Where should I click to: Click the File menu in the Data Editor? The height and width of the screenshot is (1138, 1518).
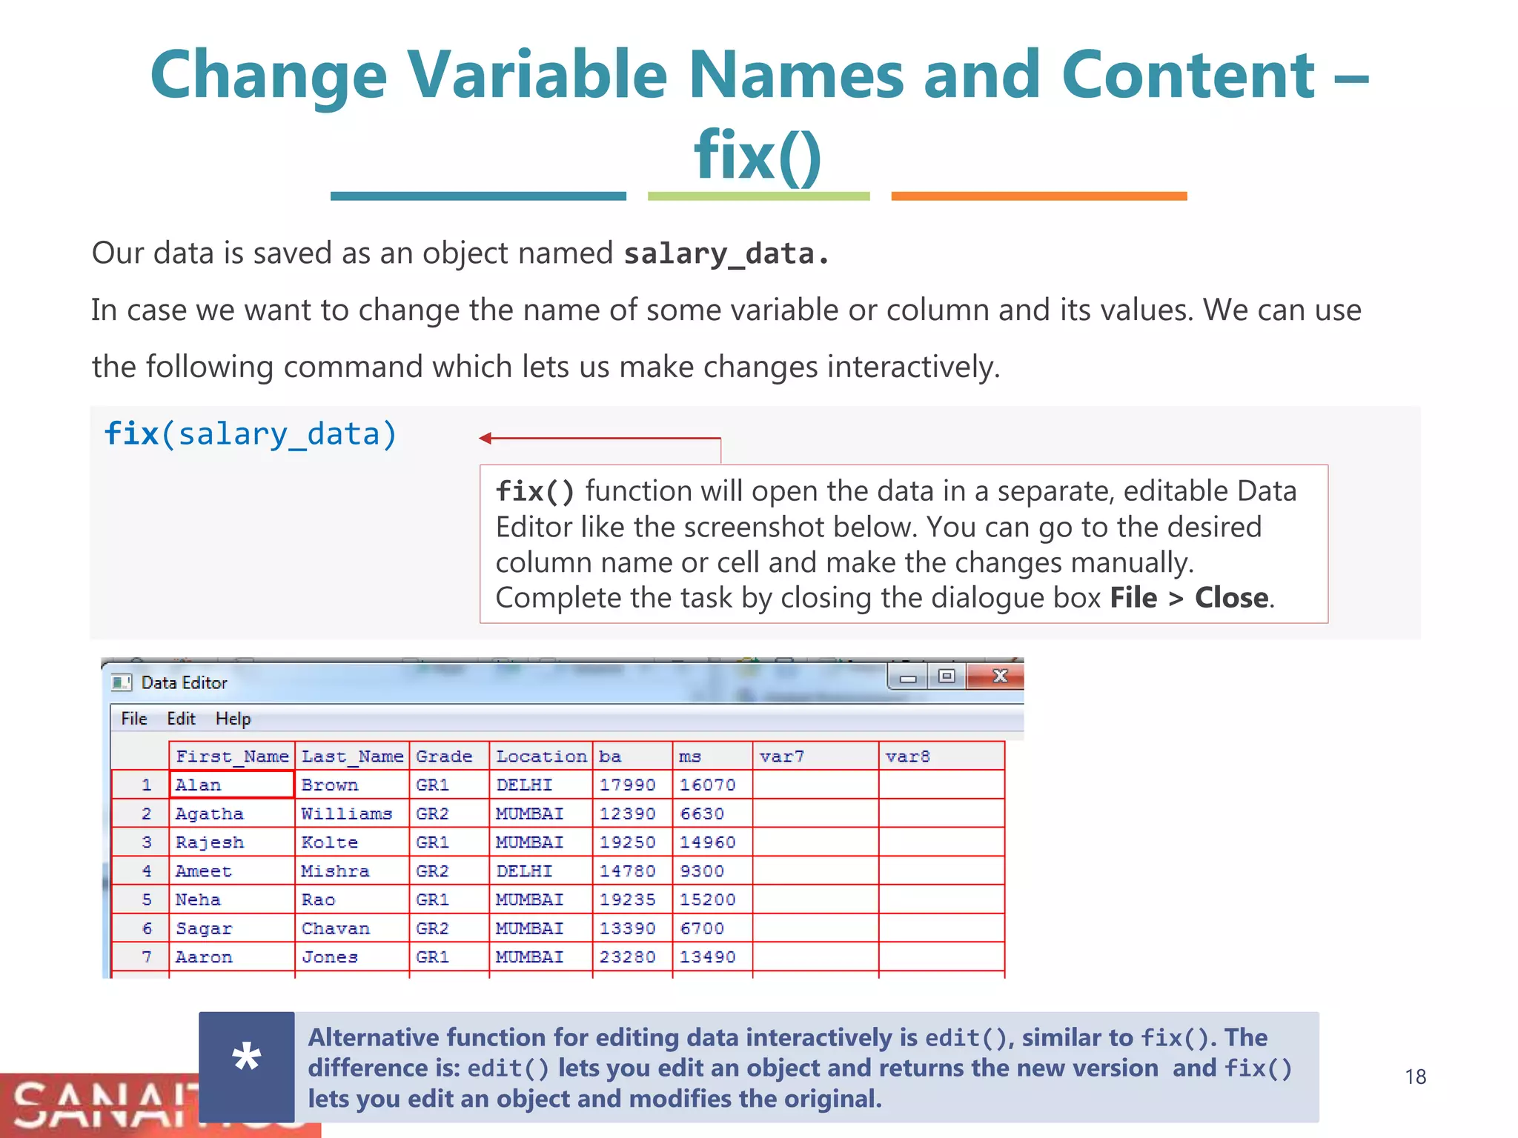(134, 719)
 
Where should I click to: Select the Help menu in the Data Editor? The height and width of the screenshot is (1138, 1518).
(233, 719)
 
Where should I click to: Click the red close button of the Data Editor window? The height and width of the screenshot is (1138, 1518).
(999, 676)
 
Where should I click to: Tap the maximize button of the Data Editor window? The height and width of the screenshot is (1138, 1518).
(947, 676)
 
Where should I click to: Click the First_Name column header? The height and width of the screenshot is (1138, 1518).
(232, 756)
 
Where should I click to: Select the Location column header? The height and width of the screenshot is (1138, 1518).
(541, 756)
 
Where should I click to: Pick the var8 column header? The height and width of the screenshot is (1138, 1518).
(907, 756)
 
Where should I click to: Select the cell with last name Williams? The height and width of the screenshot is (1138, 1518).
(346, 813)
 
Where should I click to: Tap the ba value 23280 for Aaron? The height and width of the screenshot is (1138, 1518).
(627, 957)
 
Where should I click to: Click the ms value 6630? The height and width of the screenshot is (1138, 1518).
(701, 813)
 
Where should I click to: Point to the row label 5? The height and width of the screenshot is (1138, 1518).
(147, 899)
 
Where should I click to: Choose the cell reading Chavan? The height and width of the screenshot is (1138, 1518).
(335, 928)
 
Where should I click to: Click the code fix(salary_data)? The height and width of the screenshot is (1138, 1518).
(251, 434)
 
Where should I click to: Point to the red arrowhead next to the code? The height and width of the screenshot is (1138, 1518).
(485, 439)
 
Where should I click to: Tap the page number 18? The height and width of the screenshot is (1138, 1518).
(1415, 1077)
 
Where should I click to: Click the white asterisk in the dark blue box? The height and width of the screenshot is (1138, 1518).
(246, 1057)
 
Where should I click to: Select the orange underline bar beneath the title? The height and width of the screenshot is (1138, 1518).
(1038, 196)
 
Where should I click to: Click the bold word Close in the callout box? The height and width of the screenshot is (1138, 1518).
(1231, 598)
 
